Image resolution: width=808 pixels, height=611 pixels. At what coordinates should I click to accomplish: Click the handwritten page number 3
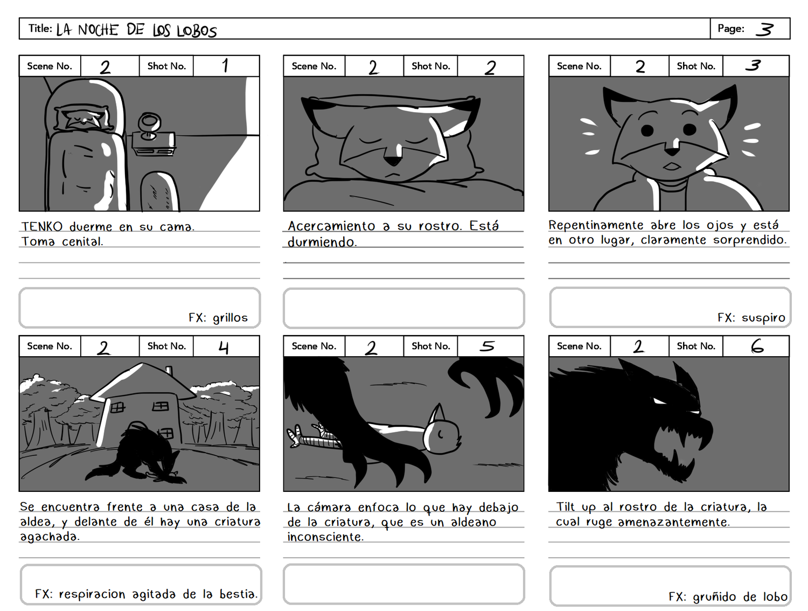point(764,29)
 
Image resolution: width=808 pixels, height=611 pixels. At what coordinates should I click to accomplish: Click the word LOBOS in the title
point(197,31)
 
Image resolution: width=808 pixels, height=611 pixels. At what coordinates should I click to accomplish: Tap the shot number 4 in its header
point(224,347)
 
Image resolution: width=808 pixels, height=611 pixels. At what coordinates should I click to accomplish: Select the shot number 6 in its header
point(757,346)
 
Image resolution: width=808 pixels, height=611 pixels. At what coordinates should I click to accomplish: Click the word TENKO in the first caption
point(42,226)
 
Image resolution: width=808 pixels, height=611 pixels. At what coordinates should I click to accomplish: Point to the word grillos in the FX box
point(230,318)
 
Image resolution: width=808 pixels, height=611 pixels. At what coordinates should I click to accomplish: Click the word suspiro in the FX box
point(763,318)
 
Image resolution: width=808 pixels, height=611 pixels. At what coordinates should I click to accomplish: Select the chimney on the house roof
point(169,370)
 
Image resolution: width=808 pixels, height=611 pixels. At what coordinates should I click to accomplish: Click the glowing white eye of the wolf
point(660,401)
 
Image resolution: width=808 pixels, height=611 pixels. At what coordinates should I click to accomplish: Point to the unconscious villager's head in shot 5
point(441,434)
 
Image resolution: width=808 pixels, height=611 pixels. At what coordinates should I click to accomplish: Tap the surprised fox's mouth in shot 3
point(672,166)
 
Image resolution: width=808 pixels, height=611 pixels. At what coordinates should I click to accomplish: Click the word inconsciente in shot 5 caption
point(325,537)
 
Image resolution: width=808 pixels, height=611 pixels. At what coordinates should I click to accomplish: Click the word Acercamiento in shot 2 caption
point(331,226)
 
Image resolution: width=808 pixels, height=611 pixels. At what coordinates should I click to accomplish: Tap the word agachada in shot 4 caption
point(50,537)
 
